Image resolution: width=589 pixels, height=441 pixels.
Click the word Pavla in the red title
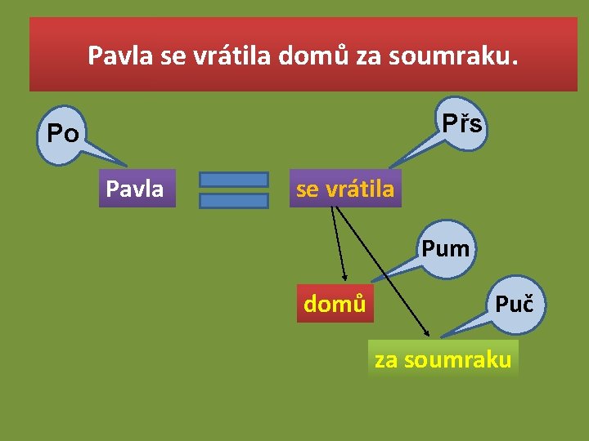119,56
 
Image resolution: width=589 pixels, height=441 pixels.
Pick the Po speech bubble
63,133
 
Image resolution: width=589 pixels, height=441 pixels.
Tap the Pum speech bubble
446,247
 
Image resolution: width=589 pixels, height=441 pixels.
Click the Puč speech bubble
513,305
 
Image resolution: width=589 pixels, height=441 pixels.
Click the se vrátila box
345,189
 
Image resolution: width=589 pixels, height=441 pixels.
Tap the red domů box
335,304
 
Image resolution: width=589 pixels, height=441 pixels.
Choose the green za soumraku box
443,359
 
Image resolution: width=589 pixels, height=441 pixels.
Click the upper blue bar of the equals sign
234,179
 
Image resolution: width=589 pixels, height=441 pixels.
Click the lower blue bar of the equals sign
234,200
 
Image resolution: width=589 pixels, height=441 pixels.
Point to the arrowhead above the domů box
345,277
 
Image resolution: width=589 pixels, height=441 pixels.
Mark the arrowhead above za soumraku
426,332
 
